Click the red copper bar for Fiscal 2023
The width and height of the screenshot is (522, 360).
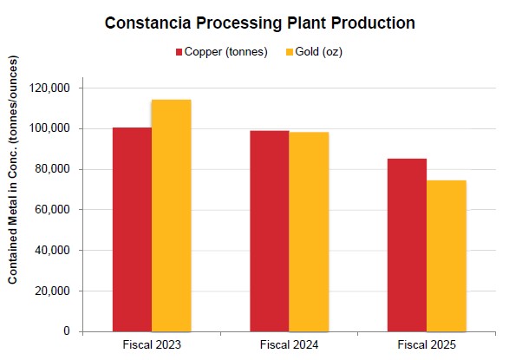coord(132,229)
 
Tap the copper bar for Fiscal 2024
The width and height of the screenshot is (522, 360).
coord(270,231)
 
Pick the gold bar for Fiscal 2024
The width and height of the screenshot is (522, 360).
coord(309,232)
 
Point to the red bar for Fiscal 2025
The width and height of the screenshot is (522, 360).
coord(407,245)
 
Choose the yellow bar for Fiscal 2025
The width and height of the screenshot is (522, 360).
coord(447,256)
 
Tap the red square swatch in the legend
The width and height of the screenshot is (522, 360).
coord(180,52)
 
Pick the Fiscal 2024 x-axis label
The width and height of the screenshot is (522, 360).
coord(289,345)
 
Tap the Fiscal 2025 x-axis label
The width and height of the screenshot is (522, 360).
coord(427,345)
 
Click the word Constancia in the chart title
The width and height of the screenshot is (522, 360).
coord(149,23)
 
